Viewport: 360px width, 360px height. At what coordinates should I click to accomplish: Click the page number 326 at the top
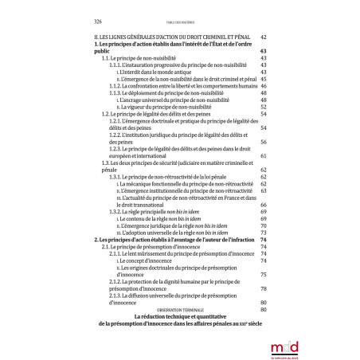click(x=97, y=22)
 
